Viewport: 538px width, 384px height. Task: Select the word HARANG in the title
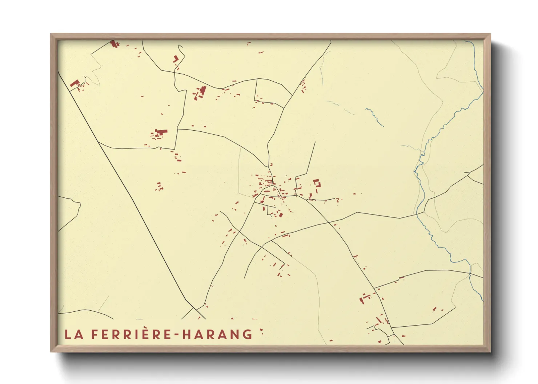(217, 334)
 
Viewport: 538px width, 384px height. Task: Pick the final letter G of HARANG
(248, 334)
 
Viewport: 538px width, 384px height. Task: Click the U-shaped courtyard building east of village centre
(317, 183)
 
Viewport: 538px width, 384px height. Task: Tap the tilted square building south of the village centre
(280, 215)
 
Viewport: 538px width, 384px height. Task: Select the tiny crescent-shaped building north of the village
(270, 164)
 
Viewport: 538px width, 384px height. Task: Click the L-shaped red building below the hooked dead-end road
(176, 59)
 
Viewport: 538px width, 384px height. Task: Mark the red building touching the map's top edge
(113, 44)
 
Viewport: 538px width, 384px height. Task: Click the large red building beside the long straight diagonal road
(75, 83)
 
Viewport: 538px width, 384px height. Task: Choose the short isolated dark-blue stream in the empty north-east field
(374, 117)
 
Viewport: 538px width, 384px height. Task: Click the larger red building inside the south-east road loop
(434, 309)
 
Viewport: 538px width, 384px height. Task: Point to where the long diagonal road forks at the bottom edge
(196, 309)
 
